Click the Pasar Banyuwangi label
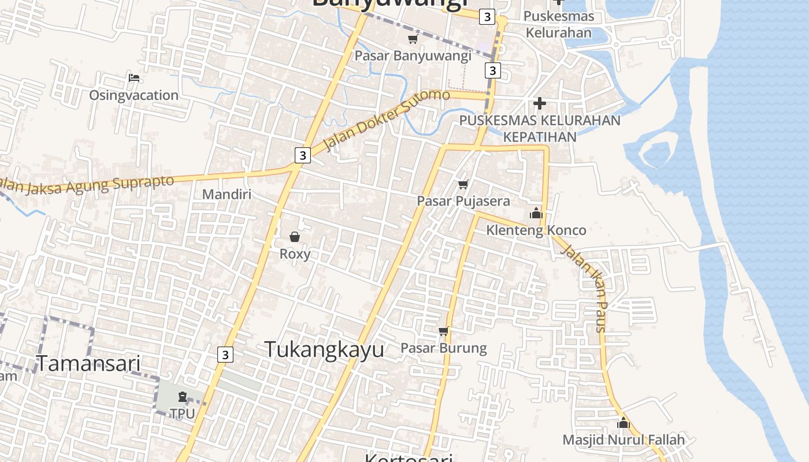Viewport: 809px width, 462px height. [413, 56]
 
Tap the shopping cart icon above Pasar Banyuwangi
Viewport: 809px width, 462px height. [413, 39]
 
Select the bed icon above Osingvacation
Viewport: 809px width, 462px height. [134, 78]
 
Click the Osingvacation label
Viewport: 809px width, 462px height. [133, 95]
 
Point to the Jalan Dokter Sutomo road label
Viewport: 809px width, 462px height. [386, 120]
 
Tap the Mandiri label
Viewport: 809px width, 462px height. [227, 194]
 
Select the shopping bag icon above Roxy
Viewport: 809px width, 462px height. [295, 237]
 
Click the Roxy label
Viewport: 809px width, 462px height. [295, 254]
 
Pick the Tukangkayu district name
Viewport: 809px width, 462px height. [324, 349]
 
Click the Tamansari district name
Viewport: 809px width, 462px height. [89, 363]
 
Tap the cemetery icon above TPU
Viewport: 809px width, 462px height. [183, 397]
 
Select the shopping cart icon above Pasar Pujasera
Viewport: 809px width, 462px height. [463, 185]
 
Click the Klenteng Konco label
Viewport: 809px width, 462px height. [536, 230]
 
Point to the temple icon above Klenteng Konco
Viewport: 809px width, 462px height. [536, 213]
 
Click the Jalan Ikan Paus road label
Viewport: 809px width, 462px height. [585, 288]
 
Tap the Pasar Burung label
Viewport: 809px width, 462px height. [443, 348]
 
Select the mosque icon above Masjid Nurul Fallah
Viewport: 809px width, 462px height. [623, 423]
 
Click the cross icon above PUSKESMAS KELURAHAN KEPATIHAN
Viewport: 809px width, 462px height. [540, 103]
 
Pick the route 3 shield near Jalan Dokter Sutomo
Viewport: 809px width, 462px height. [302, 155]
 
